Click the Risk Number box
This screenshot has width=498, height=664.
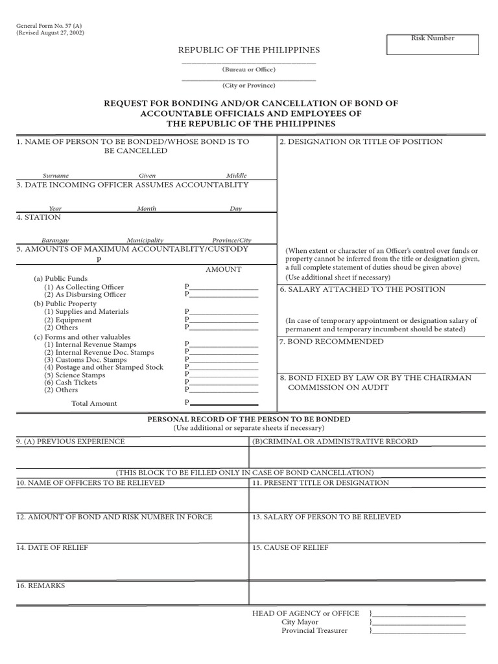point(433,44)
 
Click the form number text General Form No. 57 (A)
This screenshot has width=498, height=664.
point(49,25)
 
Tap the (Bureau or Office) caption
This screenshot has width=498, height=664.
point(248,69)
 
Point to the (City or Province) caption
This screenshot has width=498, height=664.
point(248,86)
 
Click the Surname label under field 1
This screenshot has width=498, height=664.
point(56,176)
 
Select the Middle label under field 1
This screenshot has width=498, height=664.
point(236,176)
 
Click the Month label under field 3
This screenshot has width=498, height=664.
point(147,209)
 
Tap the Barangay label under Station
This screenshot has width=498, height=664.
point(55,240)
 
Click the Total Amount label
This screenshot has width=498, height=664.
point(94,403)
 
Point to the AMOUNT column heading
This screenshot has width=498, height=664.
point(223,269)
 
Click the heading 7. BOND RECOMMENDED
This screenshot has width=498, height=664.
point(331,342)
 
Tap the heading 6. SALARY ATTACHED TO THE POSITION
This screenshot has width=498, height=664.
point(362,289)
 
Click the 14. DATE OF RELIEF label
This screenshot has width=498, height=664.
point(52,548)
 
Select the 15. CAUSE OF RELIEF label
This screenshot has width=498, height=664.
point(290,548)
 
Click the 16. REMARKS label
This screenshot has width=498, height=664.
point(40,586)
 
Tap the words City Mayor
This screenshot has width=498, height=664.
point(300,622)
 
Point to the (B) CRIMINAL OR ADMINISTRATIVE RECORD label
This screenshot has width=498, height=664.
point(335,442)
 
